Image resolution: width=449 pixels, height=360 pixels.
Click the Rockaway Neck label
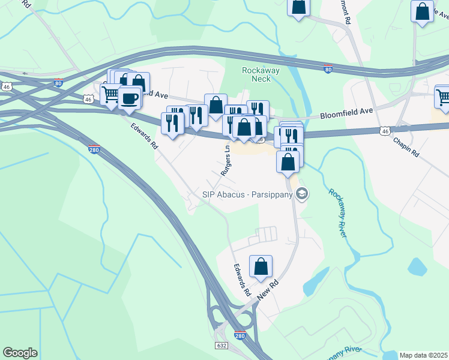[261, 74]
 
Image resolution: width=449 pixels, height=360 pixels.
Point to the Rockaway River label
[337, 213]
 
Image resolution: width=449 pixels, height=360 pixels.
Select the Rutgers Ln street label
[226, 161]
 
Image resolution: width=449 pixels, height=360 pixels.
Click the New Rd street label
[268, 290]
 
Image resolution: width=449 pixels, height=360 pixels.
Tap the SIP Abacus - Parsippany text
[247, 194]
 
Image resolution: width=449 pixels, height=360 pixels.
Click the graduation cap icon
[302, 193]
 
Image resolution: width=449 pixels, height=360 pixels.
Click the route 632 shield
[221, 346]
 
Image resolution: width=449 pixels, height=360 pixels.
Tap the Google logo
[20, 353]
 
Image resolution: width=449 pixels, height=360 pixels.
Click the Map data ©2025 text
[423, 355]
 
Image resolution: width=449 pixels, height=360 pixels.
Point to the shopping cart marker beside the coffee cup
[110, 93]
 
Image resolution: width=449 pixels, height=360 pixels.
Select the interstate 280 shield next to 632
[240, 336]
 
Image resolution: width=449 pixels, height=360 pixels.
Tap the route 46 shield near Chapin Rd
[386, 130]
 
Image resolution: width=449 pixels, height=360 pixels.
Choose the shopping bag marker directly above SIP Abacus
[288, 161]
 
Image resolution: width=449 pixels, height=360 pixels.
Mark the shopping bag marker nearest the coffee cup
[139, 82]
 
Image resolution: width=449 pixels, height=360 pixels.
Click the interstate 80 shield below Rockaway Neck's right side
[328, 70]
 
